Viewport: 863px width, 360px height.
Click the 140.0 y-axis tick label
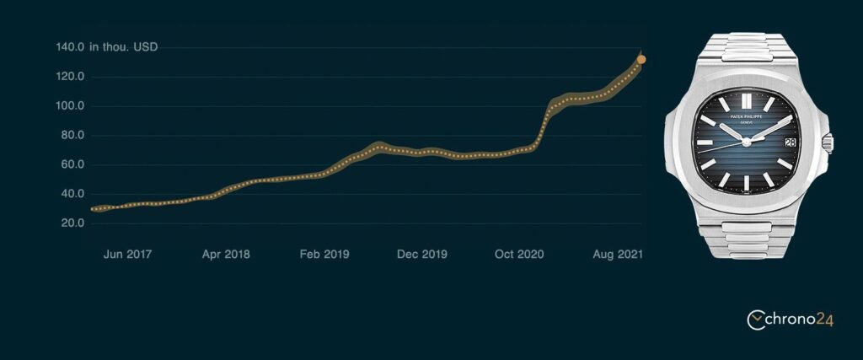coord(70,47)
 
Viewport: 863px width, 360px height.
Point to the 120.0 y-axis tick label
coord(70,77)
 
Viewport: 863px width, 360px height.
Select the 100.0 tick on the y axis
coord(70,106)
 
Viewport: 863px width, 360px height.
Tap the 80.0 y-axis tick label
coord(72,136)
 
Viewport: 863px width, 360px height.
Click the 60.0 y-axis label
coord(72,164)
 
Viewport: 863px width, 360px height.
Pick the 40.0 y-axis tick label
coord(72,194)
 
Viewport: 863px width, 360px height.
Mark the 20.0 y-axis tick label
coord(72,223)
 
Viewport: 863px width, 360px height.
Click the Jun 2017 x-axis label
coord(126,254)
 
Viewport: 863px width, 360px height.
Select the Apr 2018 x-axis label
coord(225,254)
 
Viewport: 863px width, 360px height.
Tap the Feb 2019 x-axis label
coord(324,254)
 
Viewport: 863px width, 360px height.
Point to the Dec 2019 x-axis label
coord(422,254)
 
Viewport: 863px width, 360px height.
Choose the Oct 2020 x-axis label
coord(519,254)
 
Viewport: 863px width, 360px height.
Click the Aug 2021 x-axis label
coord(617,254)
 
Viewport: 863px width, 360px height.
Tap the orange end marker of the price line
coord(641,59)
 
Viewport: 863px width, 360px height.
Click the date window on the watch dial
coord(789,143)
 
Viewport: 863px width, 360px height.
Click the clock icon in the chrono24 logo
coord(757,319)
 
